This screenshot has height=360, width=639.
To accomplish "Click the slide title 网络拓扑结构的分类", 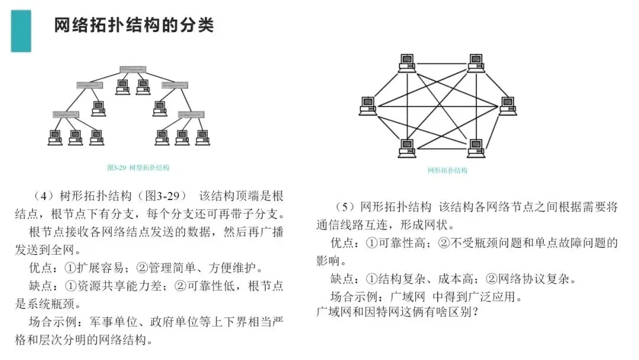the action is [134, 26].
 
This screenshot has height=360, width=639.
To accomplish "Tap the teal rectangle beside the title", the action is [21, 31].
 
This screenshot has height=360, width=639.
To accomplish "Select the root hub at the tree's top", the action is [133, 69].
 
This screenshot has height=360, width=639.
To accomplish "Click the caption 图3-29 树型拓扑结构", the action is [138, 168].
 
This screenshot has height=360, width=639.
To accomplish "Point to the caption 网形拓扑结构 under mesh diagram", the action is [447, 171].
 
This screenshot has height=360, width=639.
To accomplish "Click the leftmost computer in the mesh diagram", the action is [368, 105].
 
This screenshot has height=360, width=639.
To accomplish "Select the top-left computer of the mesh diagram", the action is [406, 62].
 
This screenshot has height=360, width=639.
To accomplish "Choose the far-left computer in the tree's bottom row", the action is [55, 137].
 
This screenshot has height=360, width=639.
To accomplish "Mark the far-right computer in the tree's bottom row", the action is [202, 137].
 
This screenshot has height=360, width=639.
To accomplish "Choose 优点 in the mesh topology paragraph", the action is [341, 243].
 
